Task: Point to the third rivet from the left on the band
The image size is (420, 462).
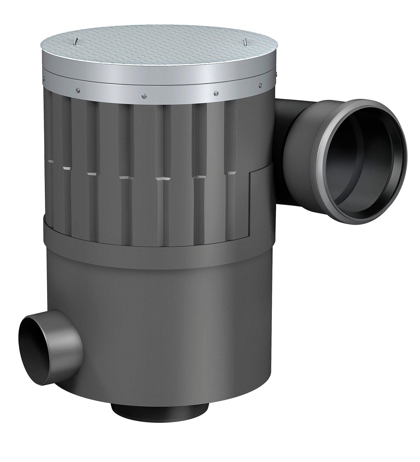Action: (x=143, y=96)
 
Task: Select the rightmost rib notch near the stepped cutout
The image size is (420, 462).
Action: (x=232, y=173)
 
